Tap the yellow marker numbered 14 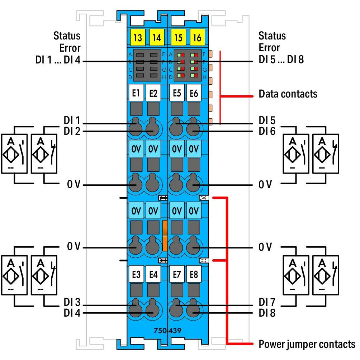coord(156,37)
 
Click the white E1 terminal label coord(136,94)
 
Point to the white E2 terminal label coord(153,94)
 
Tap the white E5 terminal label coord(177,94)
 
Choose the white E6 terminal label coord(194,94)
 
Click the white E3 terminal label coord(136,275)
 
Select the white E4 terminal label coord(153,275)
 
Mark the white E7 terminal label coord(177,275)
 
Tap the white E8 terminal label coord(194,275)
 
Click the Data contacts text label coord(288,94)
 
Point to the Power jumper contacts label coord(307,345)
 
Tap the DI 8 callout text coord(267,313)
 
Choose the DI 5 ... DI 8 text coord(281,60)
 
